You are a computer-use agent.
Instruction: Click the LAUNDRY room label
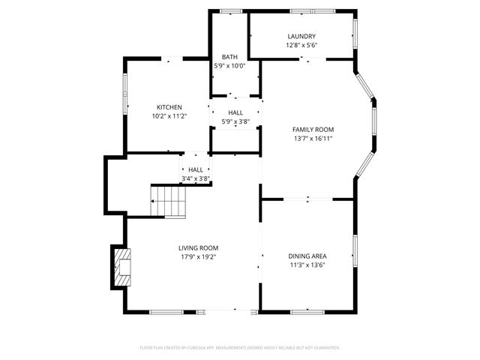pos(301,36)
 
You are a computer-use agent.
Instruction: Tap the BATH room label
pos(229,57)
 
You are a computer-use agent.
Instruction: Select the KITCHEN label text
pos(169,107)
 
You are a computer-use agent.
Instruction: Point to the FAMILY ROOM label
pos(313,130)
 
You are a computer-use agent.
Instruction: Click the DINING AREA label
pos(307,256)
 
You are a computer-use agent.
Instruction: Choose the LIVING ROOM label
pos(198,248)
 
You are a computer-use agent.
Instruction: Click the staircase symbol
pos(169,201)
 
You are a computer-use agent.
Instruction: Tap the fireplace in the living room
pos(121,267)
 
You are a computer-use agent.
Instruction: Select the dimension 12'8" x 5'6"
pos(301,45)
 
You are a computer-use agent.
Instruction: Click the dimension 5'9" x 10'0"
pos(229,66)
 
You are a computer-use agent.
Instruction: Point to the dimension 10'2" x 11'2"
pos(169,116)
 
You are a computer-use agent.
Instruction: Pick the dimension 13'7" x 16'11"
pos(313,139)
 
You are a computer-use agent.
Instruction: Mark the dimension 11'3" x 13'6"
pos(307,265)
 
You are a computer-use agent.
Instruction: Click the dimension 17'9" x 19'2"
pos(198,257)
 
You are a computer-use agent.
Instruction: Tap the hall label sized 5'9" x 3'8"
pos(235,117)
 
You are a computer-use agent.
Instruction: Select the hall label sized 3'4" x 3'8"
pos(196,174)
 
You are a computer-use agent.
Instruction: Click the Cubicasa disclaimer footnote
pos(240,348)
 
